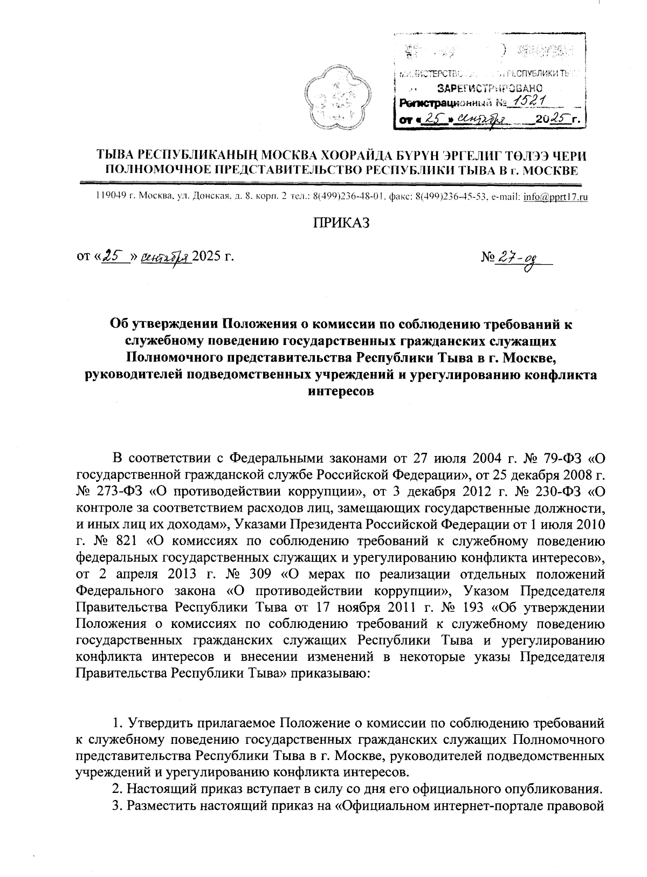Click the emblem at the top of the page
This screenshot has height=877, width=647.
coord(331,100)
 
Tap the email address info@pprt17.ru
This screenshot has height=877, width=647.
coord(555,197)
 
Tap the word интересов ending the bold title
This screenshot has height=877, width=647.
coord(340,391)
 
